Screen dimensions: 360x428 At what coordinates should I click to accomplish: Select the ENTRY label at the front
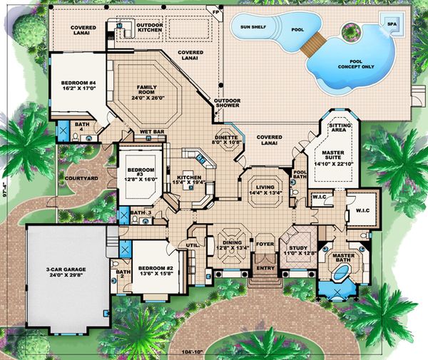coord(265,268)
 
